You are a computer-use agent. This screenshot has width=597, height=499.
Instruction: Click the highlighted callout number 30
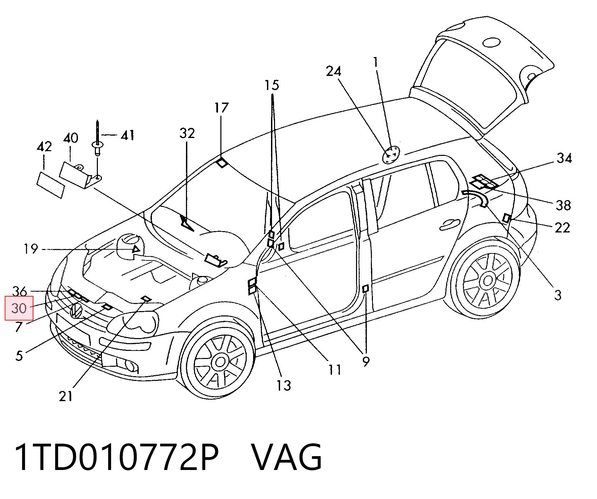19,308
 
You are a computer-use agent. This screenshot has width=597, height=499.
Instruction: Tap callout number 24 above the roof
333,72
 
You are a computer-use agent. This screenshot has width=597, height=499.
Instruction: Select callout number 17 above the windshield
221,108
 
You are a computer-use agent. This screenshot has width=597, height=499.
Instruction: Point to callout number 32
187,133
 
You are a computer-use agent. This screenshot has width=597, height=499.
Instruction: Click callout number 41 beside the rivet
127,135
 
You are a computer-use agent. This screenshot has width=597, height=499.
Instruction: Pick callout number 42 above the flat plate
44,147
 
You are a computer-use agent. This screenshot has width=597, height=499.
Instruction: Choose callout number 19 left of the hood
30,249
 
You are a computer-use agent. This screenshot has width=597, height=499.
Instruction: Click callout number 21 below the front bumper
66,396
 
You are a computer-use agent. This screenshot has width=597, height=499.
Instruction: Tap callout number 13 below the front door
284,385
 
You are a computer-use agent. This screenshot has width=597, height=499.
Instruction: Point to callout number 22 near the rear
562,228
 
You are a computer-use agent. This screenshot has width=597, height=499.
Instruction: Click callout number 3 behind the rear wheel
558,295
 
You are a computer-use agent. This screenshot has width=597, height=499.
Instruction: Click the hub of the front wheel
220,362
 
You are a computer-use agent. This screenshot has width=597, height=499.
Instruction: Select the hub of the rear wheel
488,281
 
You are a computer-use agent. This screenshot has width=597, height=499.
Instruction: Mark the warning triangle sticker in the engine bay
136,250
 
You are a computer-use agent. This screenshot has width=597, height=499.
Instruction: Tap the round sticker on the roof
391,155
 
